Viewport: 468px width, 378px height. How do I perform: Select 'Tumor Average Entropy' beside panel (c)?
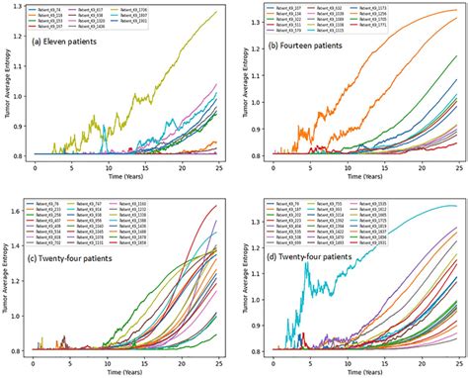coord(9,277)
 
